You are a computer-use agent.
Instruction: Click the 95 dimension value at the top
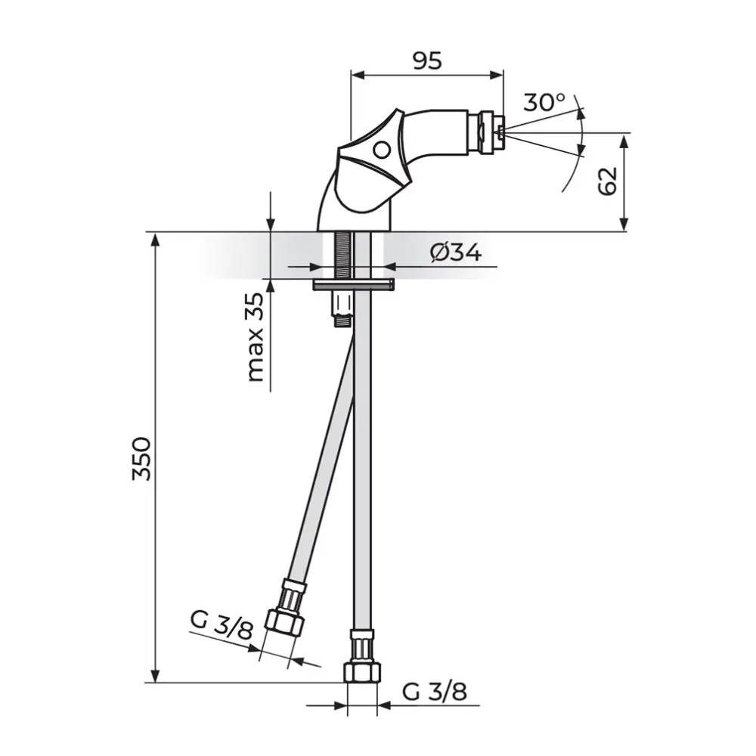pos(427,60)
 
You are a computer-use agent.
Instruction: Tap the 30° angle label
pos(544,102)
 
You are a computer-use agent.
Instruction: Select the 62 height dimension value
pos(608,181)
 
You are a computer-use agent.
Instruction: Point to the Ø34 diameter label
pos(456,253)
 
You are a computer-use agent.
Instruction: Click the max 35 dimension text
pos(256,337)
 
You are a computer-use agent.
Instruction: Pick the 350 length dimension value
pos(142,459)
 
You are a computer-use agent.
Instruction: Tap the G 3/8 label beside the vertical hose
pos(435,692)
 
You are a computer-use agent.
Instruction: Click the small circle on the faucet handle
pos(383,150)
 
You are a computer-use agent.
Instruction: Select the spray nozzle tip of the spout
pos(500,131)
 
